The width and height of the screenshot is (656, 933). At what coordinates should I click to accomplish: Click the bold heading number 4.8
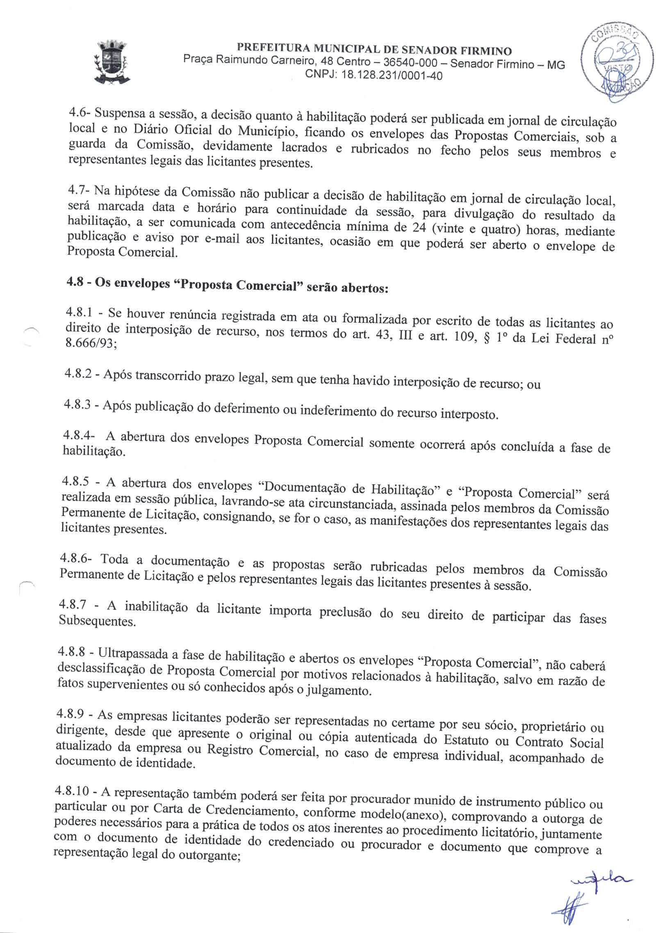point(75,282)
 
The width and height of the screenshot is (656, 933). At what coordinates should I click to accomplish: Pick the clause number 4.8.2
point(77,373)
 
